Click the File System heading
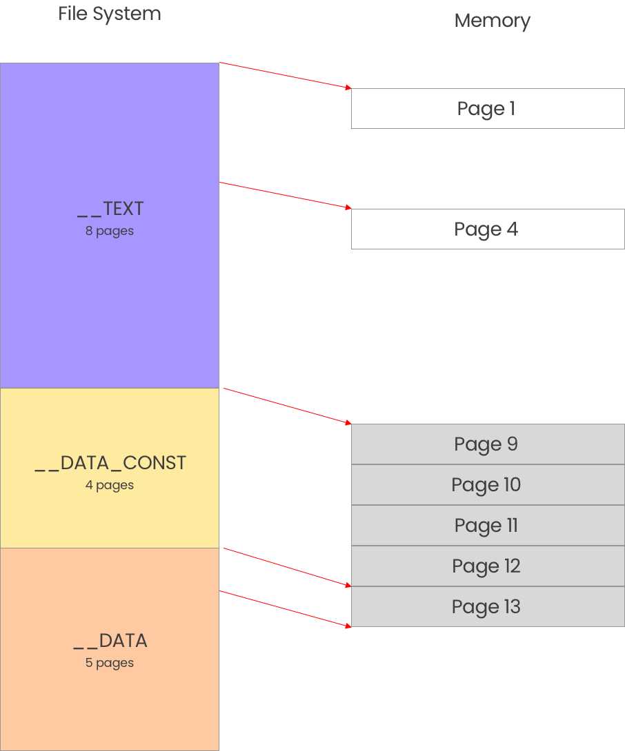110,14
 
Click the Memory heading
492,21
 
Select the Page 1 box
487,109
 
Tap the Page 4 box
487,229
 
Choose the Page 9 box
487,444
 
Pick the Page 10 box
487,485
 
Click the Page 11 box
487,526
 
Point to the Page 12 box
487,566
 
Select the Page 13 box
487,607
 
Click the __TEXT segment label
110,209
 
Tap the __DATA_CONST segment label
110,463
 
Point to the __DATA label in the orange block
110,641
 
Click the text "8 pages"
110,232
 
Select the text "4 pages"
110,486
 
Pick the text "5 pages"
110,663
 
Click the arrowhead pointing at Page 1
348,88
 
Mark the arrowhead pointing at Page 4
348,207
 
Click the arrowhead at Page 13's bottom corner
348,625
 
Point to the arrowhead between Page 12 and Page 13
348,585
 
